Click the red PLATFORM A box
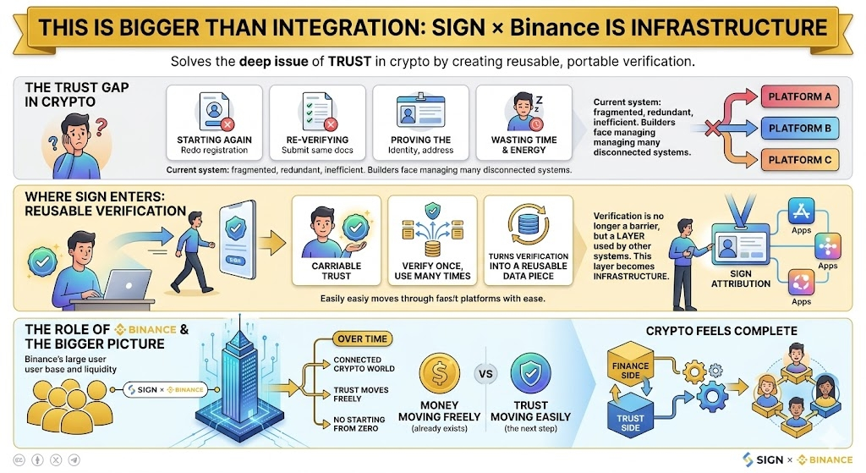click(x=799, y=96)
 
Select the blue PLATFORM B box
click(x=799, y=128)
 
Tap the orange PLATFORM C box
click(x=799, y=159)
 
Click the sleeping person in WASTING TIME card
click(x=523, y=111)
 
